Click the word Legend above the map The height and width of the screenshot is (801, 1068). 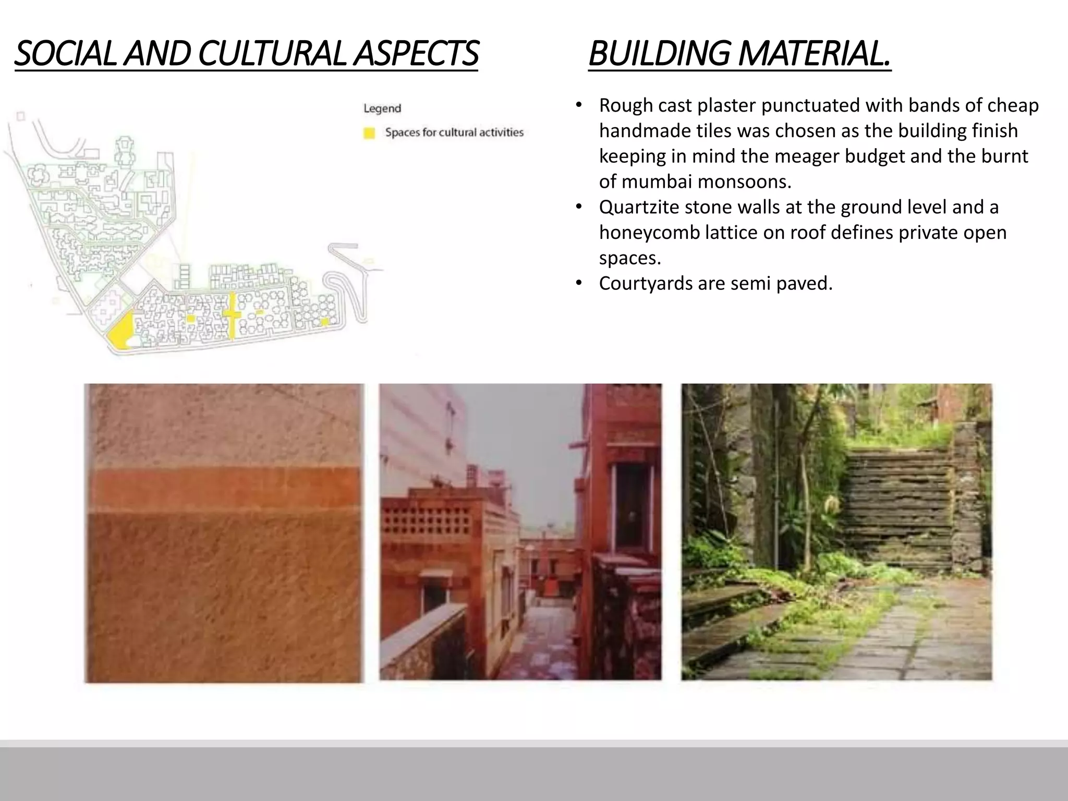click(x=382, y=108)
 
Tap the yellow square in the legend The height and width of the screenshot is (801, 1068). click(x=369, y=133)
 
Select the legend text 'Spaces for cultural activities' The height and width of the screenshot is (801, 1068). click(x=454, y=132)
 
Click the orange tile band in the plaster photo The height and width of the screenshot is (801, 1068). click(x=224, y=489)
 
